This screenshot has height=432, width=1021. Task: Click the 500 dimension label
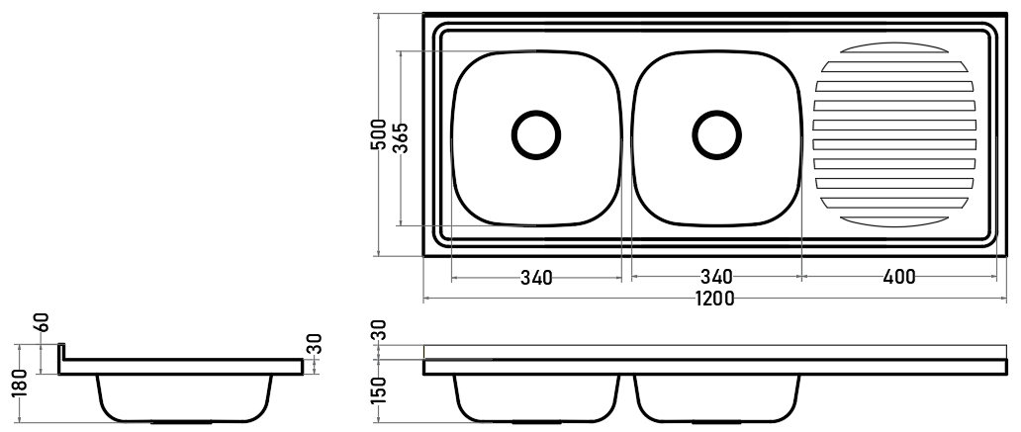coord(378,134)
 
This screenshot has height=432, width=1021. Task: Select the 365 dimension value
coord(401,137)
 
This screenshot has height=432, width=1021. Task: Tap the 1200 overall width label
coord(714,299)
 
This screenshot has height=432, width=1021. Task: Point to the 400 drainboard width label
coord(899,277)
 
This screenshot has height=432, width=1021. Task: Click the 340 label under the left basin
coord(536,278)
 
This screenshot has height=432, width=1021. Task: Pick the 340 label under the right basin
coord(717,277)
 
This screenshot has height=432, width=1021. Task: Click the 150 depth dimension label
coord(378,389)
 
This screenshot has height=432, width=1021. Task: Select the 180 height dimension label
coord(19,383)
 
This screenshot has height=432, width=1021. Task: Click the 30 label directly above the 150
coord(378,330)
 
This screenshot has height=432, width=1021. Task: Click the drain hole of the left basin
coord(536,135)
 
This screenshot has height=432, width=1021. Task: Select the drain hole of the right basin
coord(717,135)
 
